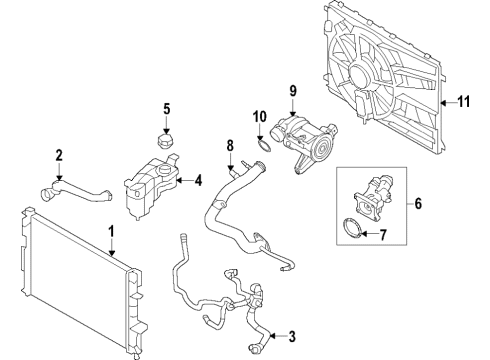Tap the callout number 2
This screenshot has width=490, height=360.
[60, 155]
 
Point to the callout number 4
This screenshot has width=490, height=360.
[198, 181]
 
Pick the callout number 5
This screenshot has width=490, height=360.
[168, 109]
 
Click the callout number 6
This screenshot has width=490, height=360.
[418, 204]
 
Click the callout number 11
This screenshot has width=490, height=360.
[463, 100]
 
